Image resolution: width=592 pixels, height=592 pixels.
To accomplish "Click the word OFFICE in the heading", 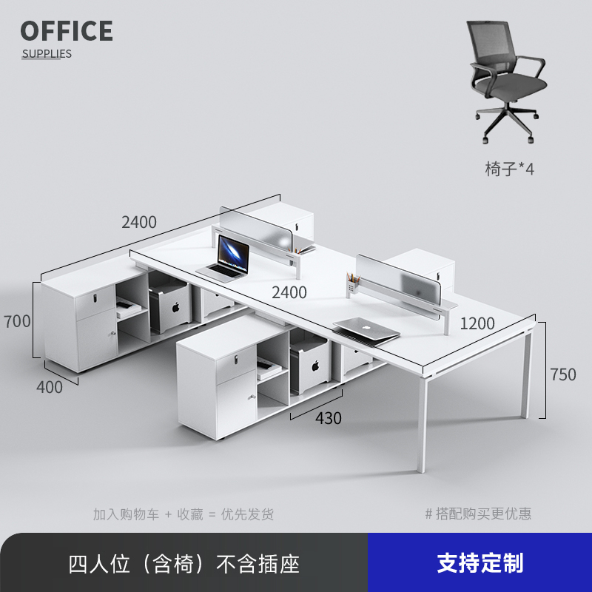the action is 67,31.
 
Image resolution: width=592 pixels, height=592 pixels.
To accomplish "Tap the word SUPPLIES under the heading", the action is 47,53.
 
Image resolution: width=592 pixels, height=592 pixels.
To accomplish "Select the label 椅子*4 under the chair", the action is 509,169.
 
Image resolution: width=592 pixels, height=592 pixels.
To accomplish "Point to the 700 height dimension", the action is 17,321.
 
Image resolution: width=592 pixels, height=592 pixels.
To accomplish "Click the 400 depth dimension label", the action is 50,386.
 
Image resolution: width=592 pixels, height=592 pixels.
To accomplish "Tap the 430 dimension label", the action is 329,418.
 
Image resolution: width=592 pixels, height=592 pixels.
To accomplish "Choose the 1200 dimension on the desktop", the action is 477,323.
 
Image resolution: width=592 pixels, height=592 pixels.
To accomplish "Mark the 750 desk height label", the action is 562,374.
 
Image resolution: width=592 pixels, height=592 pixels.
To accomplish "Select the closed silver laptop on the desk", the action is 365,329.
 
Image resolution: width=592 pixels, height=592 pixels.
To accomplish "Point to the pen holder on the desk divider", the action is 351,283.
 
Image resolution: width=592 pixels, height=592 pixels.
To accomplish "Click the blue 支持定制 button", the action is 480,563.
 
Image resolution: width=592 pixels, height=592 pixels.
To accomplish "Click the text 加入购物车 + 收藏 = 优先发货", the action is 183,514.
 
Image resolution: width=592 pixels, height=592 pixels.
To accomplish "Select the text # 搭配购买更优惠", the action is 478,514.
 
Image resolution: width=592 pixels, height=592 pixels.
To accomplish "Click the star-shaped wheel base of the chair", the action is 508,122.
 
